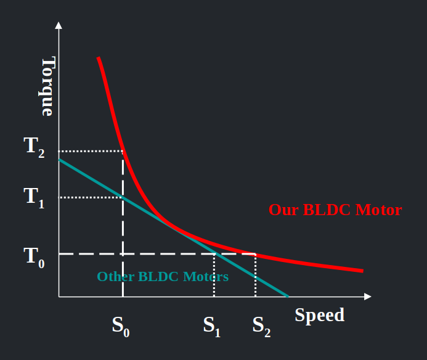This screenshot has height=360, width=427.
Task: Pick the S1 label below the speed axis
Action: pos(212,325)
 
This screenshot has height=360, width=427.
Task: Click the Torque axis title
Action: pos(48,87)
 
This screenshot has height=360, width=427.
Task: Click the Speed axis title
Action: pos(319,315)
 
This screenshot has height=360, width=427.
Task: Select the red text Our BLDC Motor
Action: pos(335,210)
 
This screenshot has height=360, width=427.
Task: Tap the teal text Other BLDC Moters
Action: pos(163,277)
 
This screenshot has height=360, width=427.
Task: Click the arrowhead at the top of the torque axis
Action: pos(59,25)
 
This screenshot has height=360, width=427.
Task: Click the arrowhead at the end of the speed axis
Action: pos(368,297)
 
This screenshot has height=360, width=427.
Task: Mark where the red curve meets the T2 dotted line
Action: pos(124,151)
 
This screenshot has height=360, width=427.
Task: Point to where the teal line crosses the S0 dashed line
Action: pos(123,198)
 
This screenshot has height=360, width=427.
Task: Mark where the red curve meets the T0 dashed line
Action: pos(255,254)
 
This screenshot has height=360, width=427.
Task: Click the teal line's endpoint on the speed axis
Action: pos(288,297)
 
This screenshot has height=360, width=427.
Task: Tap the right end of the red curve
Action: pos(362,271)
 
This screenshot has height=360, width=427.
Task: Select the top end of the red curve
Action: pos(98,58)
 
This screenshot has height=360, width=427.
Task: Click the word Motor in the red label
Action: pos(379,210)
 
